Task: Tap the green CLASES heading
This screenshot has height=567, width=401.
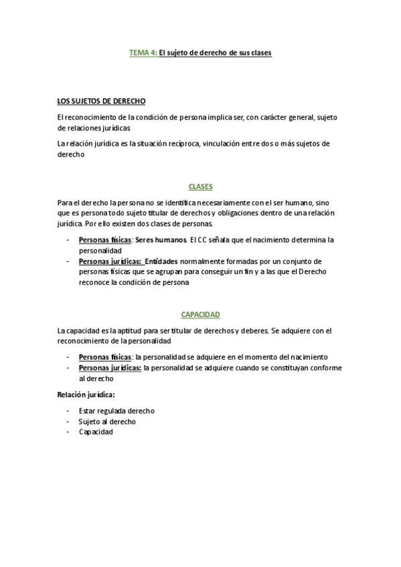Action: (x=200, y=187)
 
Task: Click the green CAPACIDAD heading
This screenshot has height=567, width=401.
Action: (x=200, y=314)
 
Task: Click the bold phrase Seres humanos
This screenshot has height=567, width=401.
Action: (x=161, y=239)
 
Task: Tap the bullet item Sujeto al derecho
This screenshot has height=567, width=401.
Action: (x=107, y=421)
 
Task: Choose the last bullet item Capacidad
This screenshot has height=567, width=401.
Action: (x=96, y=432)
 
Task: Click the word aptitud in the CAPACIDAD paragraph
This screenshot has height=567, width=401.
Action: (x=132, y=331)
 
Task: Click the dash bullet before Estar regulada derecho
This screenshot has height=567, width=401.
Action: (x=68, y=411)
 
